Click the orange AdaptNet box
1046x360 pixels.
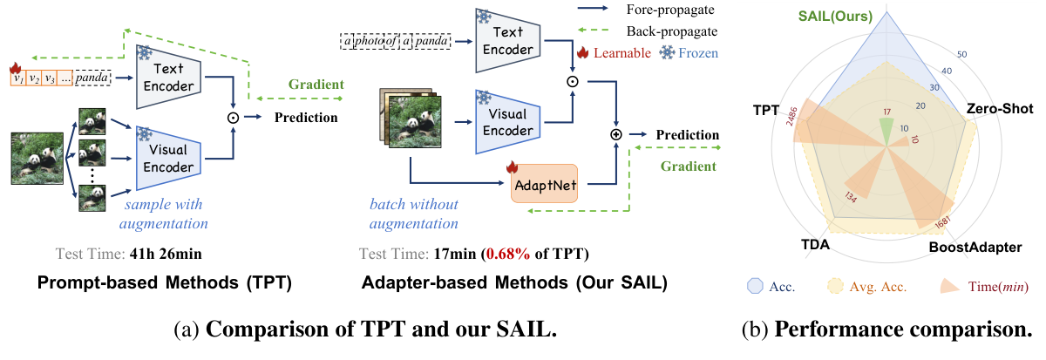pos(543,184)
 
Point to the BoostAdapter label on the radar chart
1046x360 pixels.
pos(973,248)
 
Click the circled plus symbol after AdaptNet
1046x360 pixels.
pos(616,135)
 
